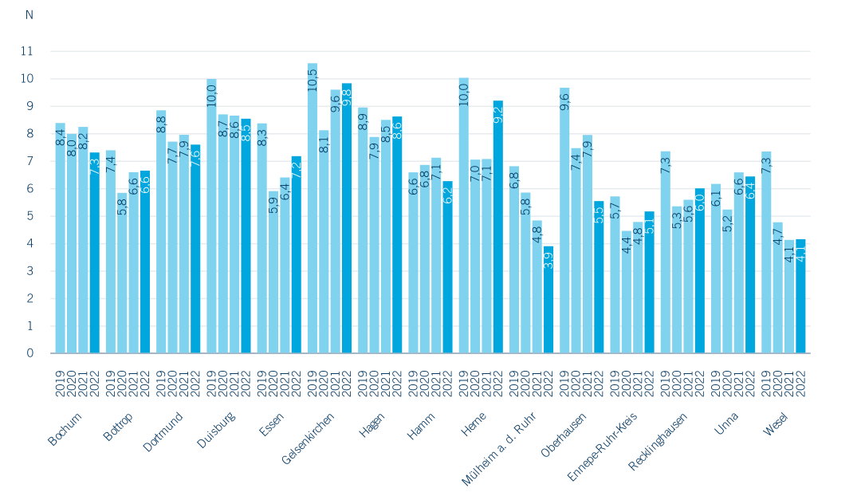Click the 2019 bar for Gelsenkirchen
(313, 207)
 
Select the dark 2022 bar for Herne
(498, 226)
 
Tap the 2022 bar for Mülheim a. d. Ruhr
(548, 299)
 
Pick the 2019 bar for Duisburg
(211, 215)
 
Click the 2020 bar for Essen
(273, 271)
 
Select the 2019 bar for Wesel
(766, 252)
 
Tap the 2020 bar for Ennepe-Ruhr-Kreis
(627, 292)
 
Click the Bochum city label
(65, 428)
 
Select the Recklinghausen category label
(659, 442)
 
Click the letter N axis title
(29, 15)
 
